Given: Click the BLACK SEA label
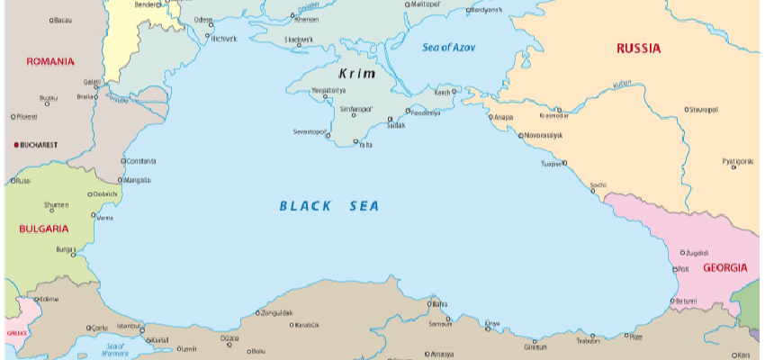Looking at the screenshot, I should (329, 206).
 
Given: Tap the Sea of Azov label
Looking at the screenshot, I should (448, 47).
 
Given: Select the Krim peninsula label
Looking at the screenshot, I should (357, 74).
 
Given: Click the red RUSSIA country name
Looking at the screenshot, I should (638, 48).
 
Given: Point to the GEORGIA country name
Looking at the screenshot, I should (724, 268).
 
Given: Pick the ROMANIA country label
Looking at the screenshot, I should (49, 61).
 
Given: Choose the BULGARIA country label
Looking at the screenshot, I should (44, 229).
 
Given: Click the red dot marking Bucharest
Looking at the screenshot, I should (14, 144).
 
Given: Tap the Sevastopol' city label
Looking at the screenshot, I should (308, 131).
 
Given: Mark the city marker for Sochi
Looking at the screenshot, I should (591, 192).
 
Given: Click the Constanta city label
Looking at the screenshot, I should (142, 161).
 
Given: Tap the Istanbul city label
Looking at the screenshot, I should (129, 325).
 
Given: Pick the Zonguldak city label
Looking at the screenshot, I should (276, 313).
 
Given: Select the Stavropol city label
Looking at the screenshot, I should (704, 109).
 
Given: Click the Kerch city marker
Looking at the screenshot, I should (454, 91).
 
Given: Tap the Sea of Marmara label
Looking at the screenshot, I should (115, 349).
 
